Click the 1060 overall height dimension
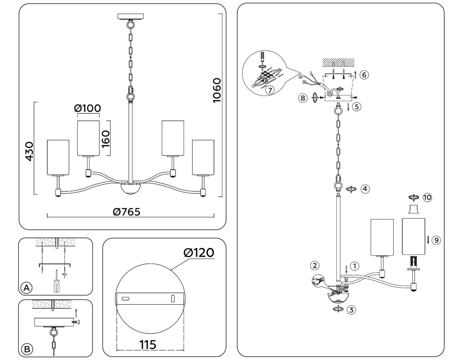(217, 90)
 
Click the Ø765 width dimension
(126, 212)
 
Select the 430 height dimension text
(29, 151)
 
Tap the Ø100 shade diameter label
(87, 108)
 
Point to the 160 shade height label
(105, 138)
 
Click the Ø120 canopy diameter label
(199, 253)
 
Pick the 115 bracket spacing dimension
(147, 345)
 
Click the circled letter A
(27, 288)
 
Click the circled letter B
(27, 349)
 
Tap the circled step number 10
(427, 198)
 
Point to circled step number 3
(351, 310)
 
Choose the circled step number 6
(364, 75)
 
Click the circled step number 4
(365, 189)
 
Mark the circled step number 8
(302, 98)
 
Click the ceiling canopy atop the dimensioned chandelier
(131, 17)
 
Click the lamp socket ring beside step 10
(413, 209)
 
